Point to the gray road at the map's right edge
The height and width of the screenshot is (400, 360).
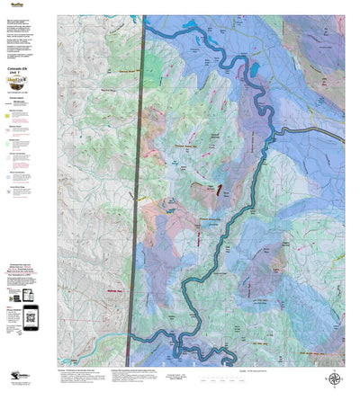(x=337, y=136)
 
